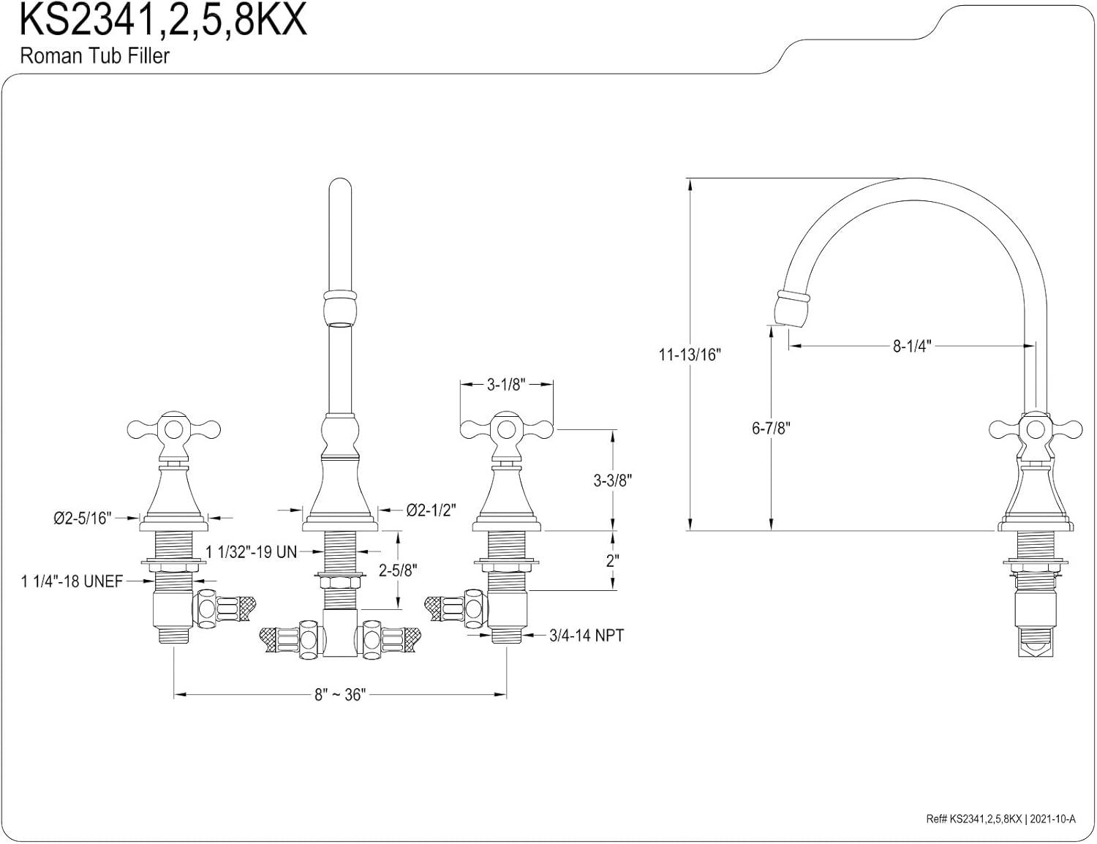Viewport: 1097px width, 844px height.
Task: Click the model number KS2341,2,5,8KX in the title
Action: (x=162, y=21)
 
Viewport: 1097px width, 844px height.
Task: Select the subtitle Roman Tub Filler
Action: (x=94, y=56)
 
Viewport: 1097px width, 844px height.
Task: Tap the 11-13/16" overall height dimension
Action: (x=690, y=355)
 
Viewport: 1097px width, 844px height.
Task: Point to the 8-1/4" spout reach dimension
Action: (x=911, y=347)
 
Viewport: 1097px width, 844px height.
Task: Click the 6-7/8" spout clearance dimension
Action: (x=771, y=428)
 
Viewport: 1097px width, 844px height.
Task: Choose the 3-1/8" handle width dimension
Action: (x=506, y=385)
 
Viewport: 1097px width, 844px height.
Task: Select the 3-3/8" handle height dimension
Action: (x=612, y=481)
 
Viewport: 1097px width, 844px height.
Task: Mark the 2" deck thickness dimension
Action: (x=612, y=560)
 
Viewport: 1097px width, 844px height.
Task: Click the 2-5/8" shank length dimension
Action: (x=398, y=570)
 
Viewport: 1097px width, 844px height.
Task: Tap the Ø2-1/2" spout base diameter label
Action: (x=431, y=510)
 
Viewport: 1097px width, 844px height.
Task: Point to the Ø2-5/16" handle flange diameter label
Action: (x=82, y=519)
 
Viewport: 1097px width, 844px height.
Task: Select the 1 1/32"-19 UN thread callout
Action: (x=251, y=552)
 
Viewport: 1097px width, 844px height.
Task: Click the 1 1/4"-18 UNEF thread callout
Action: (x=72, y=581)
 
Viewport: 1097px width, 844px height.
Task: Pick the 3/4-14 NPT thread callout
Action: (x=587, y=636)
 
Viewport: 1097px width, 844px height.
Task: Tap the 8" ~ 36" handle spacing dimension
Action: (x=339, y=695)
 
